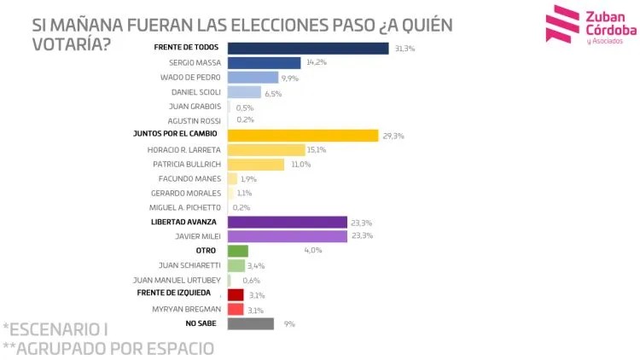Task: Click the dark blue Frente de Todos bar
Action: pyautogui.click(x=308, y=48)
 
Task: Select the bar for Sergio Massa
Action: pyautogui.click(x=265, y=62)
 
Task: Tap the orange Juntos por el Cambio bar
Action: pyautogui.click(x=303, y=135)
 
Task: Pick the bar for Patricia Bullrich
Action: pyautogui.click(x=256, y=164)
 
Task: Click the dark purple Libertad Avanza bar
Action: pyautogui.click(x=288, y=222)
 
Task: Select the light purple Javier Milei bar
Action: pyautogui.click(x=288, y=236)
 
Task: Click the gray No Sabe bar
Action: pyautogui.click(x=251, y=323)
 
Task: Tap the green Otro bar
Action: pyautogui.click(x=238, y=251)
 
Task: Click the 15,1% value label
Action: pyautogui.click(x=317, y=149)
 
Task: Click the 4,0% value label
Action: pyautogui.click(x=313, y=251)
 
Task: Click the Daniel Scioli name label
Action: pyautogui.click(x=191, y=92)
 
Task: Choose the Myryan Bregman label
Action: pyautogui.click(x=187, y=309)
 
